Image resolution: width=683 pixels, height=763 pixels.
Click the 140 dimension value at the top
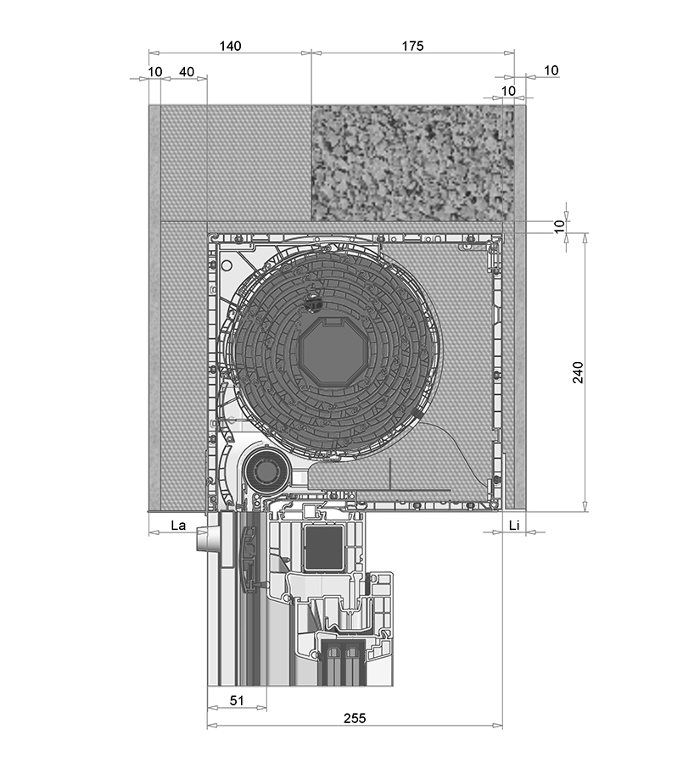click(x=230, y=46)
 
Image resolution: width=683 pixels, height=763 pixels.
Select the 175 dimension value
click(x=412, y=46)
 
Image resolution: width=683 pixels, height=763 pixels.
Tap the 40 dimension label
click(x=187, y=72)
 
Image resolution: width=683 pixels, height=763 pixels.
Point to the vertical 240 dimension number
click(x=578, y=372)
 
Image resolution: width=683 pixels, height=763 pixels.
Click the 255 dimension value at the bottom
click(x=355, y=718)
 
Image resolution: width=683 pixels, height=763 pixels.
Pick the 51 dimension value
click(x=236, y=700)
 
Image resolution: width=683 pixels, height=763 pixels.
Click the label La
click(x=178, y=525)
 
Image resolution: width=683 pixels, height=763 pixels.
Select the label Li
click(x=514, y=525)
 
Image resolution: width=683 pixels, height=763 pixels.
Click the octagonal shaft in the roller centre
click(x=330, y=352)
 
